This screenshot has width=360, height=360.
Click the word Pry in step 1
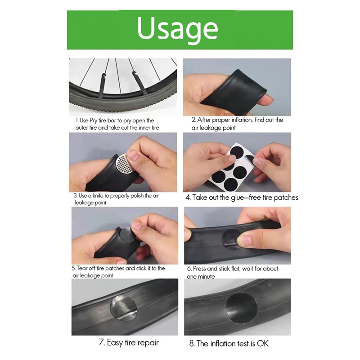pyautogui.click(x=97, y=121)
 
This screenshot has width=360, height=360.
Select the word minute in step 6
pyautogui.click(x=207, y=277)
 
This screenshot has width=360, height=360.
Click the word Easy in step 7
pyautogui.click(x=116, y=343)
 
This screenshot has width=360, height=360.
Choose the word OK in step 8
pyautogui.click(x=263, y=344)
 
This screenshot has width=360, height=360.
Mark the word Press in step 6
pyautogui.click(x=200, y=269)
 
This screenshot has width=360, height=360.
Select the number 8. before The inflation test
pyautogui.click(x=192, y=344)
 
